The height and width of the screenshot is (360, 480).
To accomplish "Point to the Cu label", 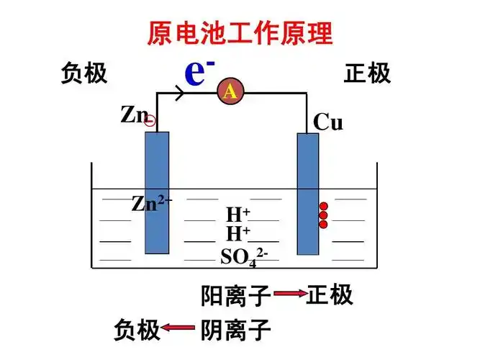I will click(x=328, y=123).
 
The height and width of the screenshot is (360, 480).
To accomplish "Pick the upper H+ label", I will click(x=237, y=215).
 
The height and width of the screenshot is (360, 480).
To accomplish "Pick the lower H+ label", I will click(x=237, y=233).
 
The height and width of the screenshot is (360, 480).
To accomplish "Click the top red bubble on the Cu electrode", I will click(x=323, y=206).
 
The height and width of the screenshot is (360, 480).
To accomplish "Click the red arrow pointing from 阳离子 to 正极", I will click(x=289, y=294).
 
